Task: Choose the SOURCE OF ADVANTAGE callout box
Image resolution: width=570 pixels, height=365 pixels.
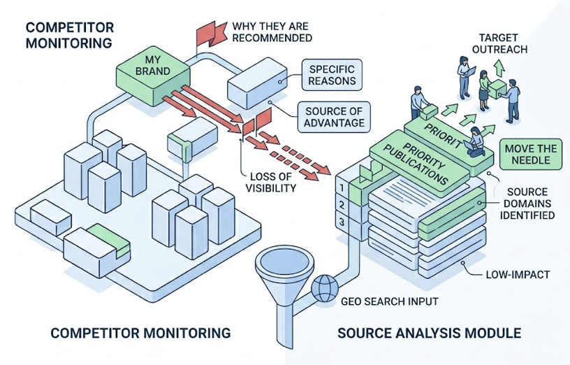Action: point(334,117)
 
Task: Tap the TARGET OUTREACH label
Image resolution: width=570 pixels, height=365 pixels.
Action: point(503,43)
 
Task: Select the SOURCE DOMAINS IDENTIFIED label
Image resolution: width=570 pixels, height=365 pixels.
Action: point(531,203)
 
